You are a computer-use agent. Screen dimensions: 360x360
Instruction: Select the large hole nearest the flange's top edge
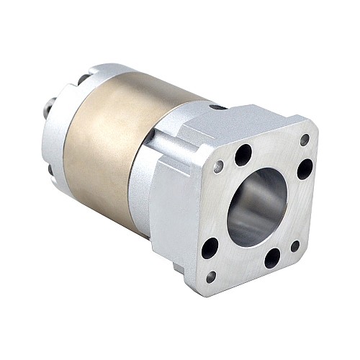click(243, 154)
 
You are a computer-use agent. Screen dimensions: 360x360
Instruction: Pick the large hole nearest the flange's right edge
click(305, 169)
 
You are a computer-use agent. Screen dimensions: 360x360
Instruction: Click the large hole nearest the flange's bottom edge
click(272, 257)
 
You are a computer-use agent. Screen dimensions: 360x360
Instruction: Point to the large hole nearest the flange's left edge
click(210, 248)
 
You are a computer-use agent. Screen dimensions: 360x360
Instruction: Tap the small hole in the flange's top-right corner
click(305, 140)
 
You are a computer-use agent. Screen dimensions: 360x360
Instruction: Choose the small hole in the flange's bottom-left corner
click(210, 276)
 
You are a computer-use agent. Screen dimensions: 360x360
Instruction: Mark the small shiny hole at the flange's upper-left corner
click(218, 167)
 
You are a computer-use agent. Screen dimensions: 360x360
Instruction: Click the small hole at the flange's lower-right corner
click(294, 246)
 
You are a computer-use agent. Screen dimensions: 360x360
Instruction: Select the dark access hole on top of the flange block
click(215, 107)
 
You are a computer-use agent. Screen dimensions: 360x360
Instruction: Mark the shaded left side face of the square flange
click(173, 216)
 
